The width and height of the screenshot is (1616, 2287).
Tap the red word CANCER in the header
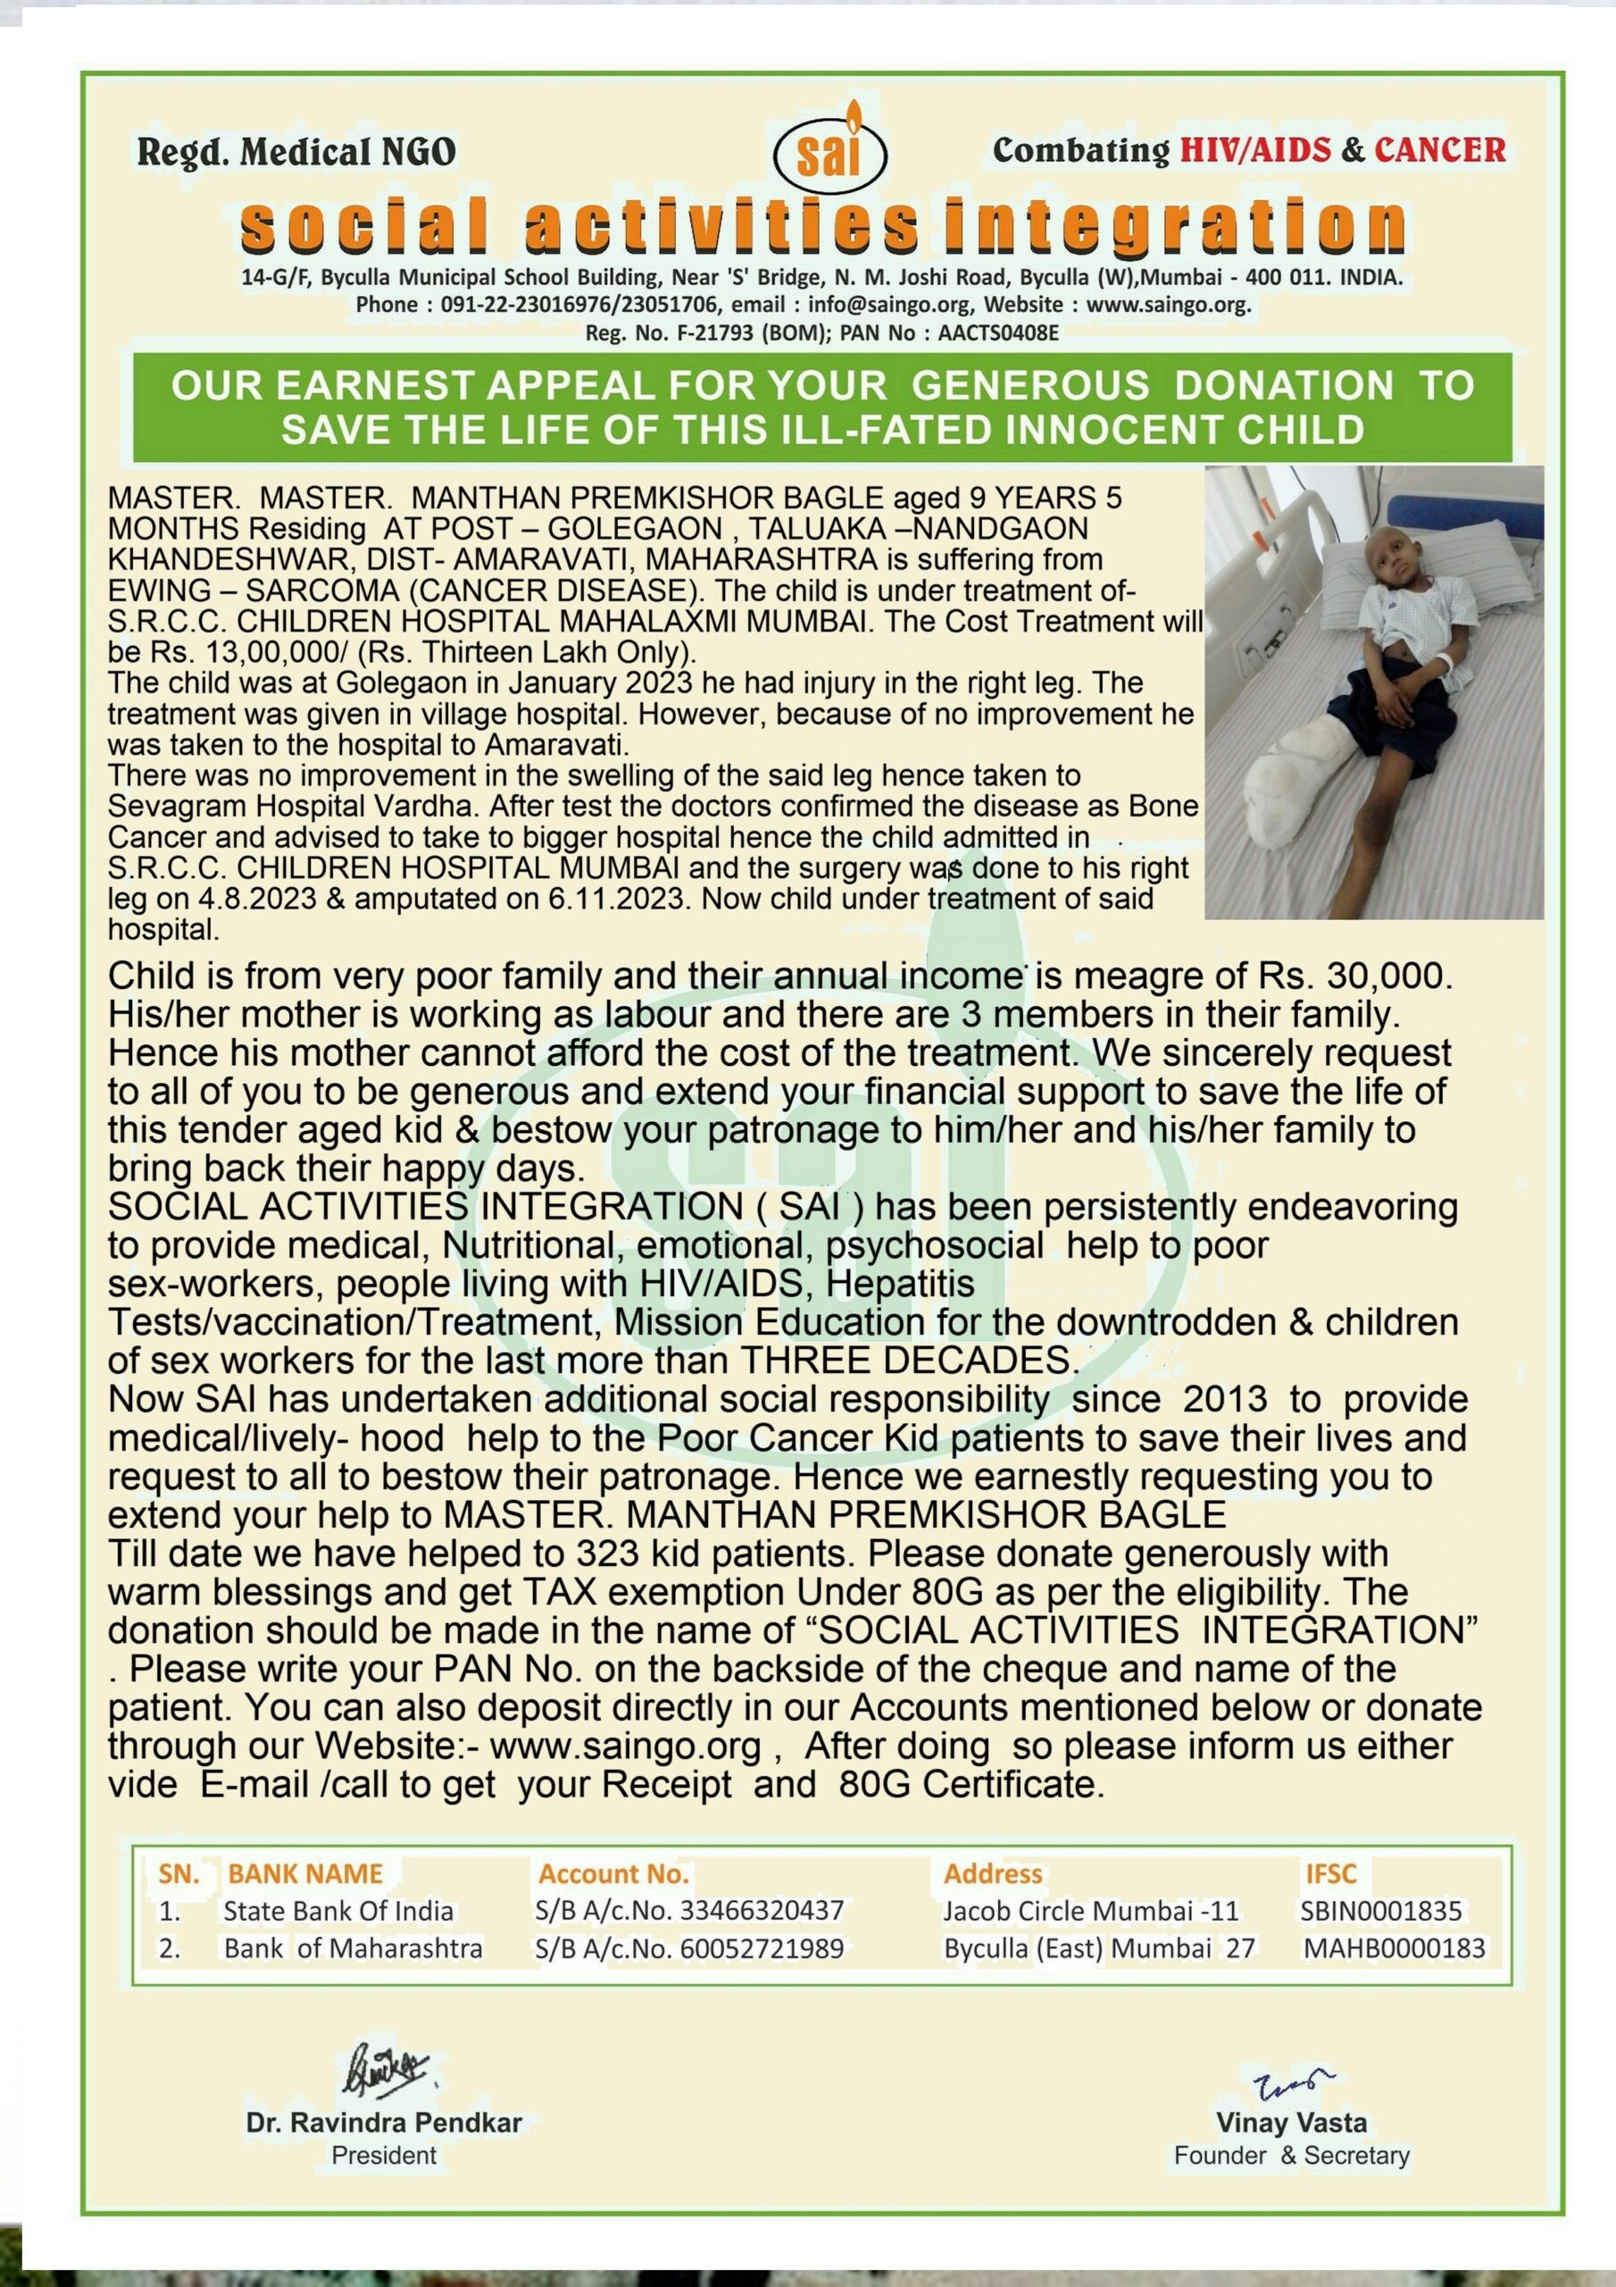1440,150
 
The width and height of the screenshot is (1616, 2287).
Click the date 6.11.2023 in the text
615,899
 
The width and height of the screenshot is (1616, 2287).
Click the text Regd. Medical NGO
296,153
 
